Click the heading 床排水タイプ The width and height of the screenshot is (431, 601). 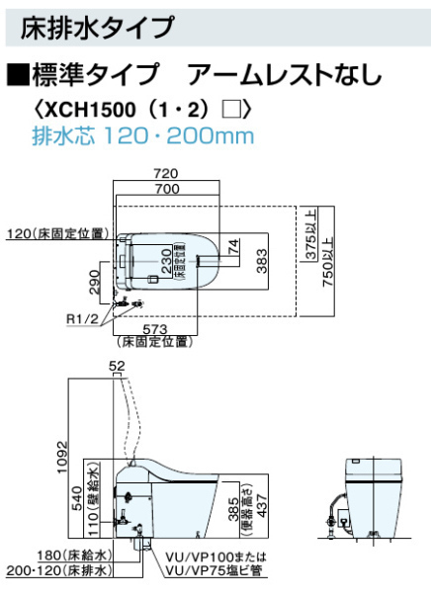tap(97, 27)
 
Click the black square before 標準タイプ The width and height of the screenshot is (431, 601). tap(18, 74)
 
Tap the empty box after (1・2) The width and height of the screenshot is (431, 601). tap(231, 110)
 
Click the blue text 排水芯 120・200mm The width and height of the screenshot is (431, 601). tap(142, 136)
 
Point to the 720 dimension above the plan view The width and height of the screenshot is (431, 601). tap(166, 174)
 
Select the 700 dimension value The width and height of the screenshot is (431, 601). tap(167, 188)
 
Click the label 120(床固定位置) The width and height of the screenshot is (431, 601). tap(58, 233)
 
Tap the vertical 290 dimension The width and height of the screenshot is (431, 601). tap(94, 282)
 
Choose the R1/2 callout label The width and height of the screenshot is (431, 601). tap(82, 318)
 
